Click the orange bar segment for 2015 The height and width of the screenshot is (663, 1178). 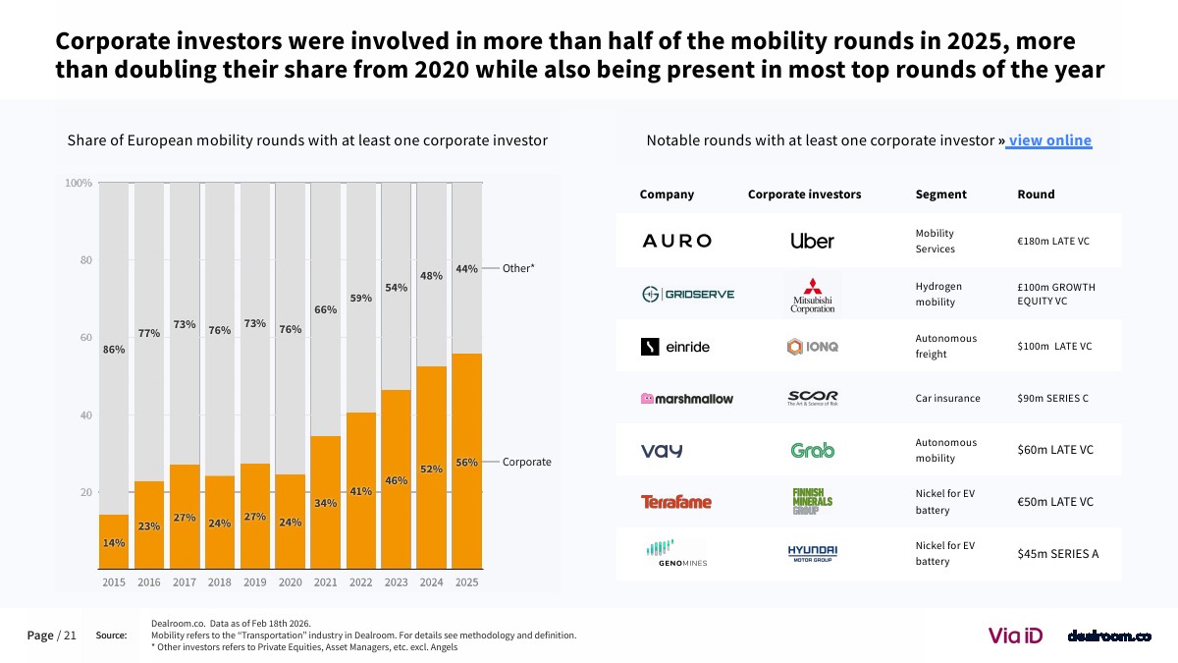coord(114,542)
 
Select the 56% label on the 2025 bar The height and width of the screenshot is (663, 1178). coord(467,463)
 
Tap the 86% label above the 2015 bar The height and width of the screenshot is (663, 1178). coord(114,350)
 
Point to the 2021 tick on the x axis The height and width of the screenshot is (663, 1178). coord(325,582)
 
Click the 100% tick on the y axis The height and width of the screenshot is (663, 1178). coord(79,184)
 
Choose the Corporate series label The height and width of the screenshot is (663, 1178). coord(526,462)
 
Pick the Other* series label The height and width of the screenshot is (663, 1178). coord(518,268)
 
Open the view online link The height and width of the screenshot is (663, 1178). coord(1048,140)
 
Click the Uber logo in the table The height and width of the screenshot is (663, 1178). coord(812,241)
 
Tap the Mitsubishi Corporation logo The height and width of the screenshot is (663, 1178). coord(813,295)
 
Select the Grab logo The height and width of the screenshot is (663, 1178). coord(812,450)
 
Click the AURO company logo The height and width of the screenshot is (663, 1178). coord(676,241)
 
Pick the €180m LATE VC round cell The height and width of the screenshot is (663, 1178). coord(1053,241)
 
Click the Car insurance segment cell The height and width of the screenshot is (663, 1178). coord(947,398)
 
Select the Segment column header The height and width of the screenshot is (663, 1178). coord(940,194)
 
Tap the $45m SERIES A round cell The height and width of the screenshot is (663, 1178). coord(1057,553)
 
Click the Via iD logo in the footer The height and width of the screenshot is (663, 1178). coord(1014,635)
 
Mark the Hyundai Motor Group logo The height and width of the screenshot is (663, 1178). coord(812,553)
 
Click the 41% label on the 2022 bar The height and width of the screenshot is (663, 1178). coord(360,491)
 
